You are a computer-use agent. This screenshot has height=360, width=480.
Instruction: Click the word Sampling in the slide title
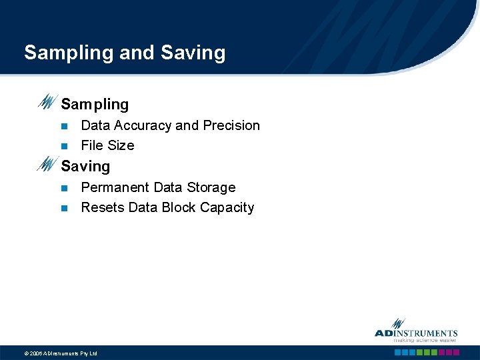(x=69, y=53)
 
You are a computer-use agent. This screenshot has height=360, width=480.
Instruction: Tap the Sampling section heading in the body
(x=95, y=105)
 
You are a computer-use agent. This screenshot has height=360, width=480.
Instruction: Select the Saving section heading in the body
(x=85, y=167)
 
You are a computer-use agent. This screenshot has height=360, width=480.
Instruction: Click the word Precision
(x=231, y=125)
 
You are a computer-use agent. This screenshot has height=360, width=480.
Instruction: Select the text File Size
(x=107, y=145)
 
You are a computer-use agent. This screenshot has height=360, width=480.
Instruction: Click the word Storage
(x=209, y=187)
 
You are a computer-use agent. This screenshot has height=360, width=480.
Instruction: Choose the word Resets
(x=102, y=207)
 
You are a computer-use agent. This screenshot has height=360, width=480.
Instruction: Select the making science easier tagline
(x=424, y=340)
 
